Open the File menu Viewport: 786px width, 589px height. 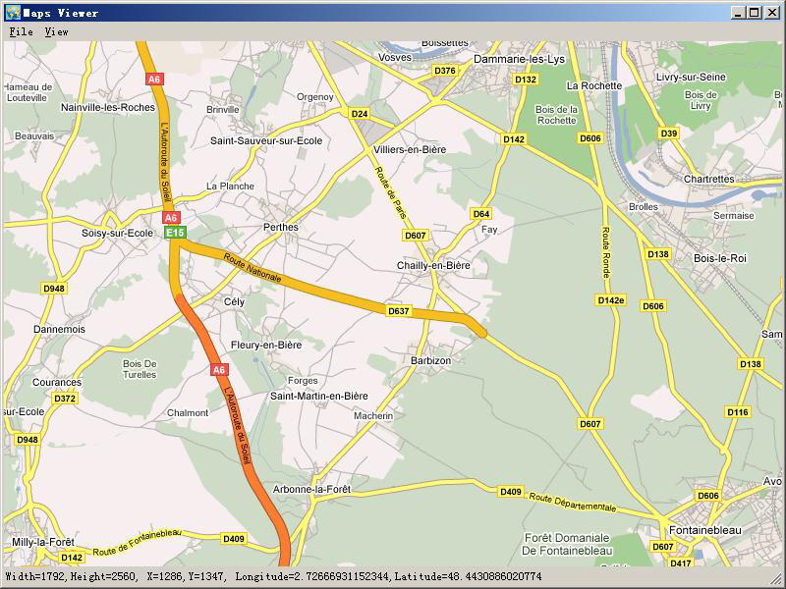[21, 32]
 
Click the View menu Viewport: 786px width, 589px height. [56, 32]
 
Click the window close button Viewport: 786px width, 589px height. [771, 13]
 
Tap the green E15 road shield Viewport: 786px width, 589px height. [175, 233]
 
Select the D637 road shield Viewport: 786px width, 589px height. [398, 311]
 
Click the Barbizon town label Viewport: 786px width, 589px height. [431, 361]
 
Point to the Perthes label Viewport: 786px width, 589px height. [281, 228]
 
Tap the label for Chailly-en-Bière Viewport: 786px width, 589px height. [433, 266]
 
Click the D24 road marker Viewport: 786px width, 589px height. [360, 114]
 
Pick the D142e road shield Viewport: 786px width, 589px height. [610, 300]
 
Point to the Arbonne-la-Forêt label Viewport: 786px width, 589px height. [311, 489]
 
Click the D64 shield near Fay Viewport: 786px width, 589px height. [481, 214]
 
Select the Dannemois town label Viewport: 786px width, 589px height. [59, 330]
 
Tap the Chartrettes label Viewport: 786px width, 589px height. [708, 180]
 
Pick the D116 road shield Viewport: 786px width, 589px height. [738, 412]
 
